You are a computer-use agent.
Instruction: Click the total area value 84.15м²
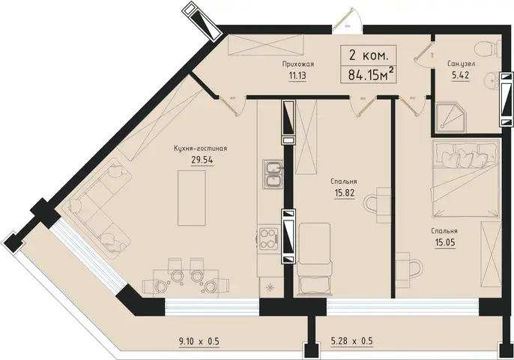pos(370,75)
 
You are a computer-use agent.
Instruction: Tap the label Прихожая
pos(298,64)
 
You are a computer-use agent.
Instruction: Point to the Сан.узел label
pos(461,64)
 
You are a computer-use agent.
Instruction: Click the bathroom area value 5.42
pos(461,76)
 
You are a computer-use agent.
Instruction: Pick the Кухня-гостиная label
pos(201,148)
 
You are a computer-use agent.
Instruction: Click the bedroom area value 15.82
pos(345,193)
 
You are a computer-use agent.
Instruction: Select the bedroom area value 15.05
pos(445,243)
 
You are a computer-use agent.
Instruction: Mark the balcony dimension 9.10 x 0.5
pos(199,341)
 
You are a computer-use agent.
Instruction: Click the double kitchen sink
pos(273,174)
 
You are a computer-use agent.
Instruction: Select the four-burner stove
pos(268,238)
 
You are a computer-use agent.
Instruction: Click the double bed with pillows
pos(466,178)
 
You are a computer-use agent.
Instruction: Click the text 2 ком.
pos(369,55)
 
